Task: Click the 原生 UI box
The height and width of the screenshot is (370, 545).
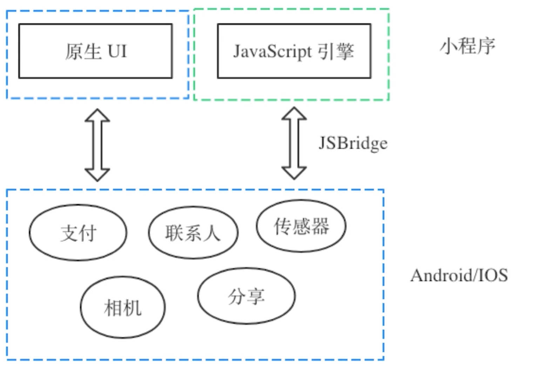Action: tap(95, 51)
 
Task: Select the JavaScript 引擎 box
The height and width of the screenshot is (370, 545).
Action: tap(294, 51)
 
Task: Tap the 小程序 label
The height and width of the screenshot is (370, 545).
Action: tap(467, 46)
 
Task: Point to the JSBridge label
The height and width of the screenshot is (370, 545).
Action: tap(353, 143)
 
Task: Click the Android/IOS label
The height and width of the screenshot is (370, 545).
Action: tap(459, 275)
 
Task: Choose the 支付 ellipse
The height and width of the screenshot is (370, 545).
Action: tap(78, 233)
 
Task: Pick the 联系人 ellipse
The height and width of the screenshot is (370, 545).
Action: tap(193, 233)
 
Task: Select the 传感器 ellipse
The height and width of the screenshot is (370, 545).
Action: tap(301, 226)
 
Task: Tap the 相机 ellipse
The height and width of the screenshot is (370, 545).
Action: tap(123, 308)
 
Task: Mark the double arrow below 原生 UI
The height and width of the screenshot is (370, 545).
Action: tap(97, 145)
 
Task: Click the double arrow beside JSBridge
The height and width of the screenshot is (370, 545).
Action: tap(294, 143)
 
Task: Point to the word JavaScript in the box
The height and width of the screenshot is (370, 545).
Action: tap(272, 52)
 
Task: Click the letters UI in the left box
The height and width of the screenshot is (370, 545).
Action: tap(117, 51)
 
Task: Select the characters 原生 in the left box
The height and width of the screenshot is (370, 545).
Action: tap(83, 52)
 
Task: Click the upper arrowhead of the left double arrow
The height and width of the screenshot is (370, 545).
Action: tap(97, 116)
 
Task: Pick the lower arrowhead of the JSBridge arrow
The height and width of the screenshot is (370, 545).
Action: tap(294, 172)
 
